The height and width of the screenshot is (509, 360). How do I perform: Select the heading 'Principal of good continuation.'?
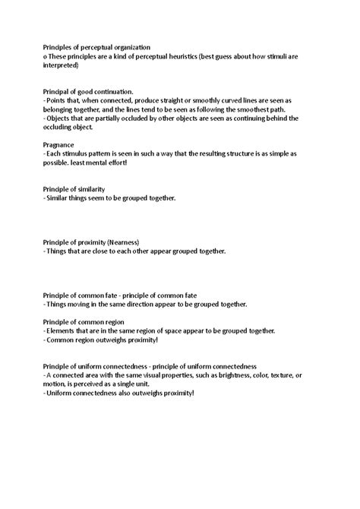click(x=88, y=91)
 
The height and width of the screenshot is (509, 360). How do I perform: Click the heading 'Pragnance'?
click(x=58, y=144)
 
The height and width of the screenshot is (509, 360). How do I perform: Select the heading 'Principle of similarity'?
click(x=74, y=188)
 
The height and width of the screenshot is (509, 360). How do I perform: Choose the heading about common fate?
click(x=120, y=294)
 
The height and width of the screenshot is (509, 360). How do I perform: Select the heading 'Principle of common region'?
click(x=84, y=321)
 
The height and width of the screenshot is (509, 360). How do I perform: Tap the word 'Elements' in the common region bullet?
click(x=62, y=330)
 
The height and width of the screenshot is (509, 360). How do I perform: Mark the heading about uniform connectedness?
click(x=150, y=365)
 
